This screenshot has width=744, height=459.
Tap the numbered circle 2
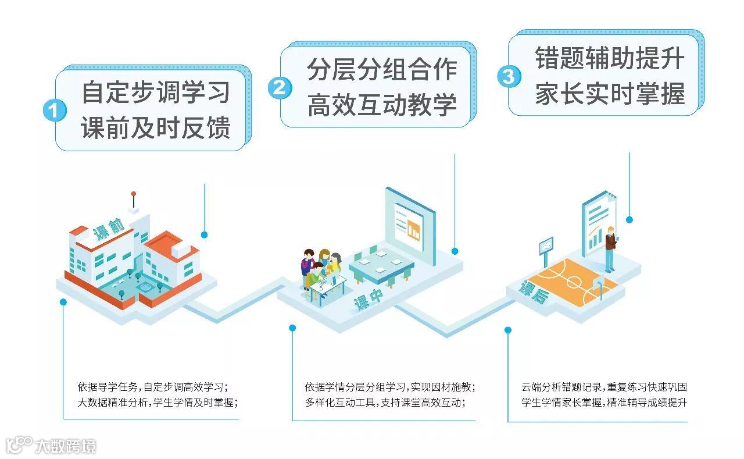click(x=280, y=88)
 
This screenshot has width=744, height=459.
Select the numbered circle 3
click(x=508, y=76)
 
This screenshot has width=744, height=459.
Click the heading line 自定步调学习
click(x=156, y=92)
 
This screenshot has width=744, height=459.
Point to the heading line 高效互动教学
click(x=382, y=105)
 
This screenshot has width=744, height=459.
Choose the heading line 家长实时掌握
click(x=610, y=94)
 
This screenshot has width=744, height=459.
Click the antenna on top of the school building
click(x=134, y=200)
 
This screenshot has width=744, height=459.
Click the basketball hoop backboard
click(x=546, y=246)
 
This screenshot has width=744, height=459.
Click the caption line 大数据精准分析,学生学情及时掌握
click(x=158, y=401)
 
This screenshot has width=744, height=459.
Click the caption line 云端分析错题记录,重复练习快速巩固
click(x=604, y=386)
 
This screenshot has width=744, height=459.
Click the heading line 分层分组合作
click(x=382, y=69)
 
